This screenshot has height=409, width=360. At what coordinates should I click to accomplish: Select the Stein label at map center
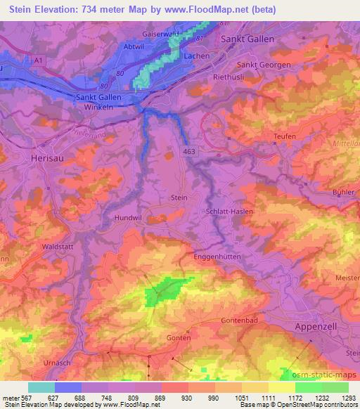(179, 198)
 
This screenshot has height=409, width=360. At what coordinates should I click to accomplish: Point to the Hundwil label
(129, 218)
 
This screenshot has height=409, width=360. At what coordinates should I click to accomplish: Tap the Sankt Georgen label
(263, 65)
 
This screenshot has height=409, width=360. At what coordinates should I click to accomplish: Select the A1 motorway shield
(38, 62)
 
